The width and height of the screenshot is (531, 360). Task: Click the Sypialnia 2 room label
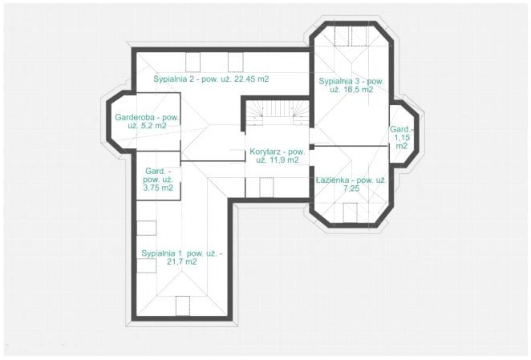point(211,79)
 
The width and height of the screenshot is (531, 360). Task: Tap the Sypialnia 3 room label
point(351,85)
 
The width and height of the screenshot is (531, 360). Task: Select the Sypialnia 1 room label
point(182,257)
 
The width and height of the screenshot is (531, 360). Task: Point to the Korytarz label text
point(278,156)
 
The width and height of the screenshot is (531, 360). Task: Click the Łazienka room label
point(351,184)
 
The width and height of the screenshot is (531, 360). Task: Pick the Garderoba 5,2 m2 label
point(147,121)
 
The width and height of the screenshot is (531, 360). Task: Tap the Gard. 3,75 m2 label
point(158,180)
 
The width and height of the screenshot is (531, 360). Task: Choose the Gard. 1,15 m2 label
point(402,137)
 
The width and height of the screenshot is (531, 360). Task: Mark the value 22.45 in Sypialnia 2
point(245,79)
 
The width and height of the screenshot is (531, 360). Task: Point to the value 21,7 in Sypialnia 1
point(175,262)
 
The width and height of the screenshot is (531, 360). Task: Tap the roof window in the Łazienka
point(350,212)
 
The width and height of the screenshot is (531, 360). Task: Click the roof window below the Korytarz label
point(266,187)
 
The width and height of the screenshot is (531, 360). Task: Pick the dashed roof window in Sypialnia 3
point(351,36)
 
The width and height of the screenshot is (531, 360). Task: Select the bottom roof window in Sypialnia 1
point(183,305)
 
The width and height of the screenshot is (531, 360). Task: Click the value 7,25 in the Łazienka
point(351,188)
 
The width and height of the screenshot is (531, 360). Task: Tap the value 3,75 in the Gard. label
point(152,188)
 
